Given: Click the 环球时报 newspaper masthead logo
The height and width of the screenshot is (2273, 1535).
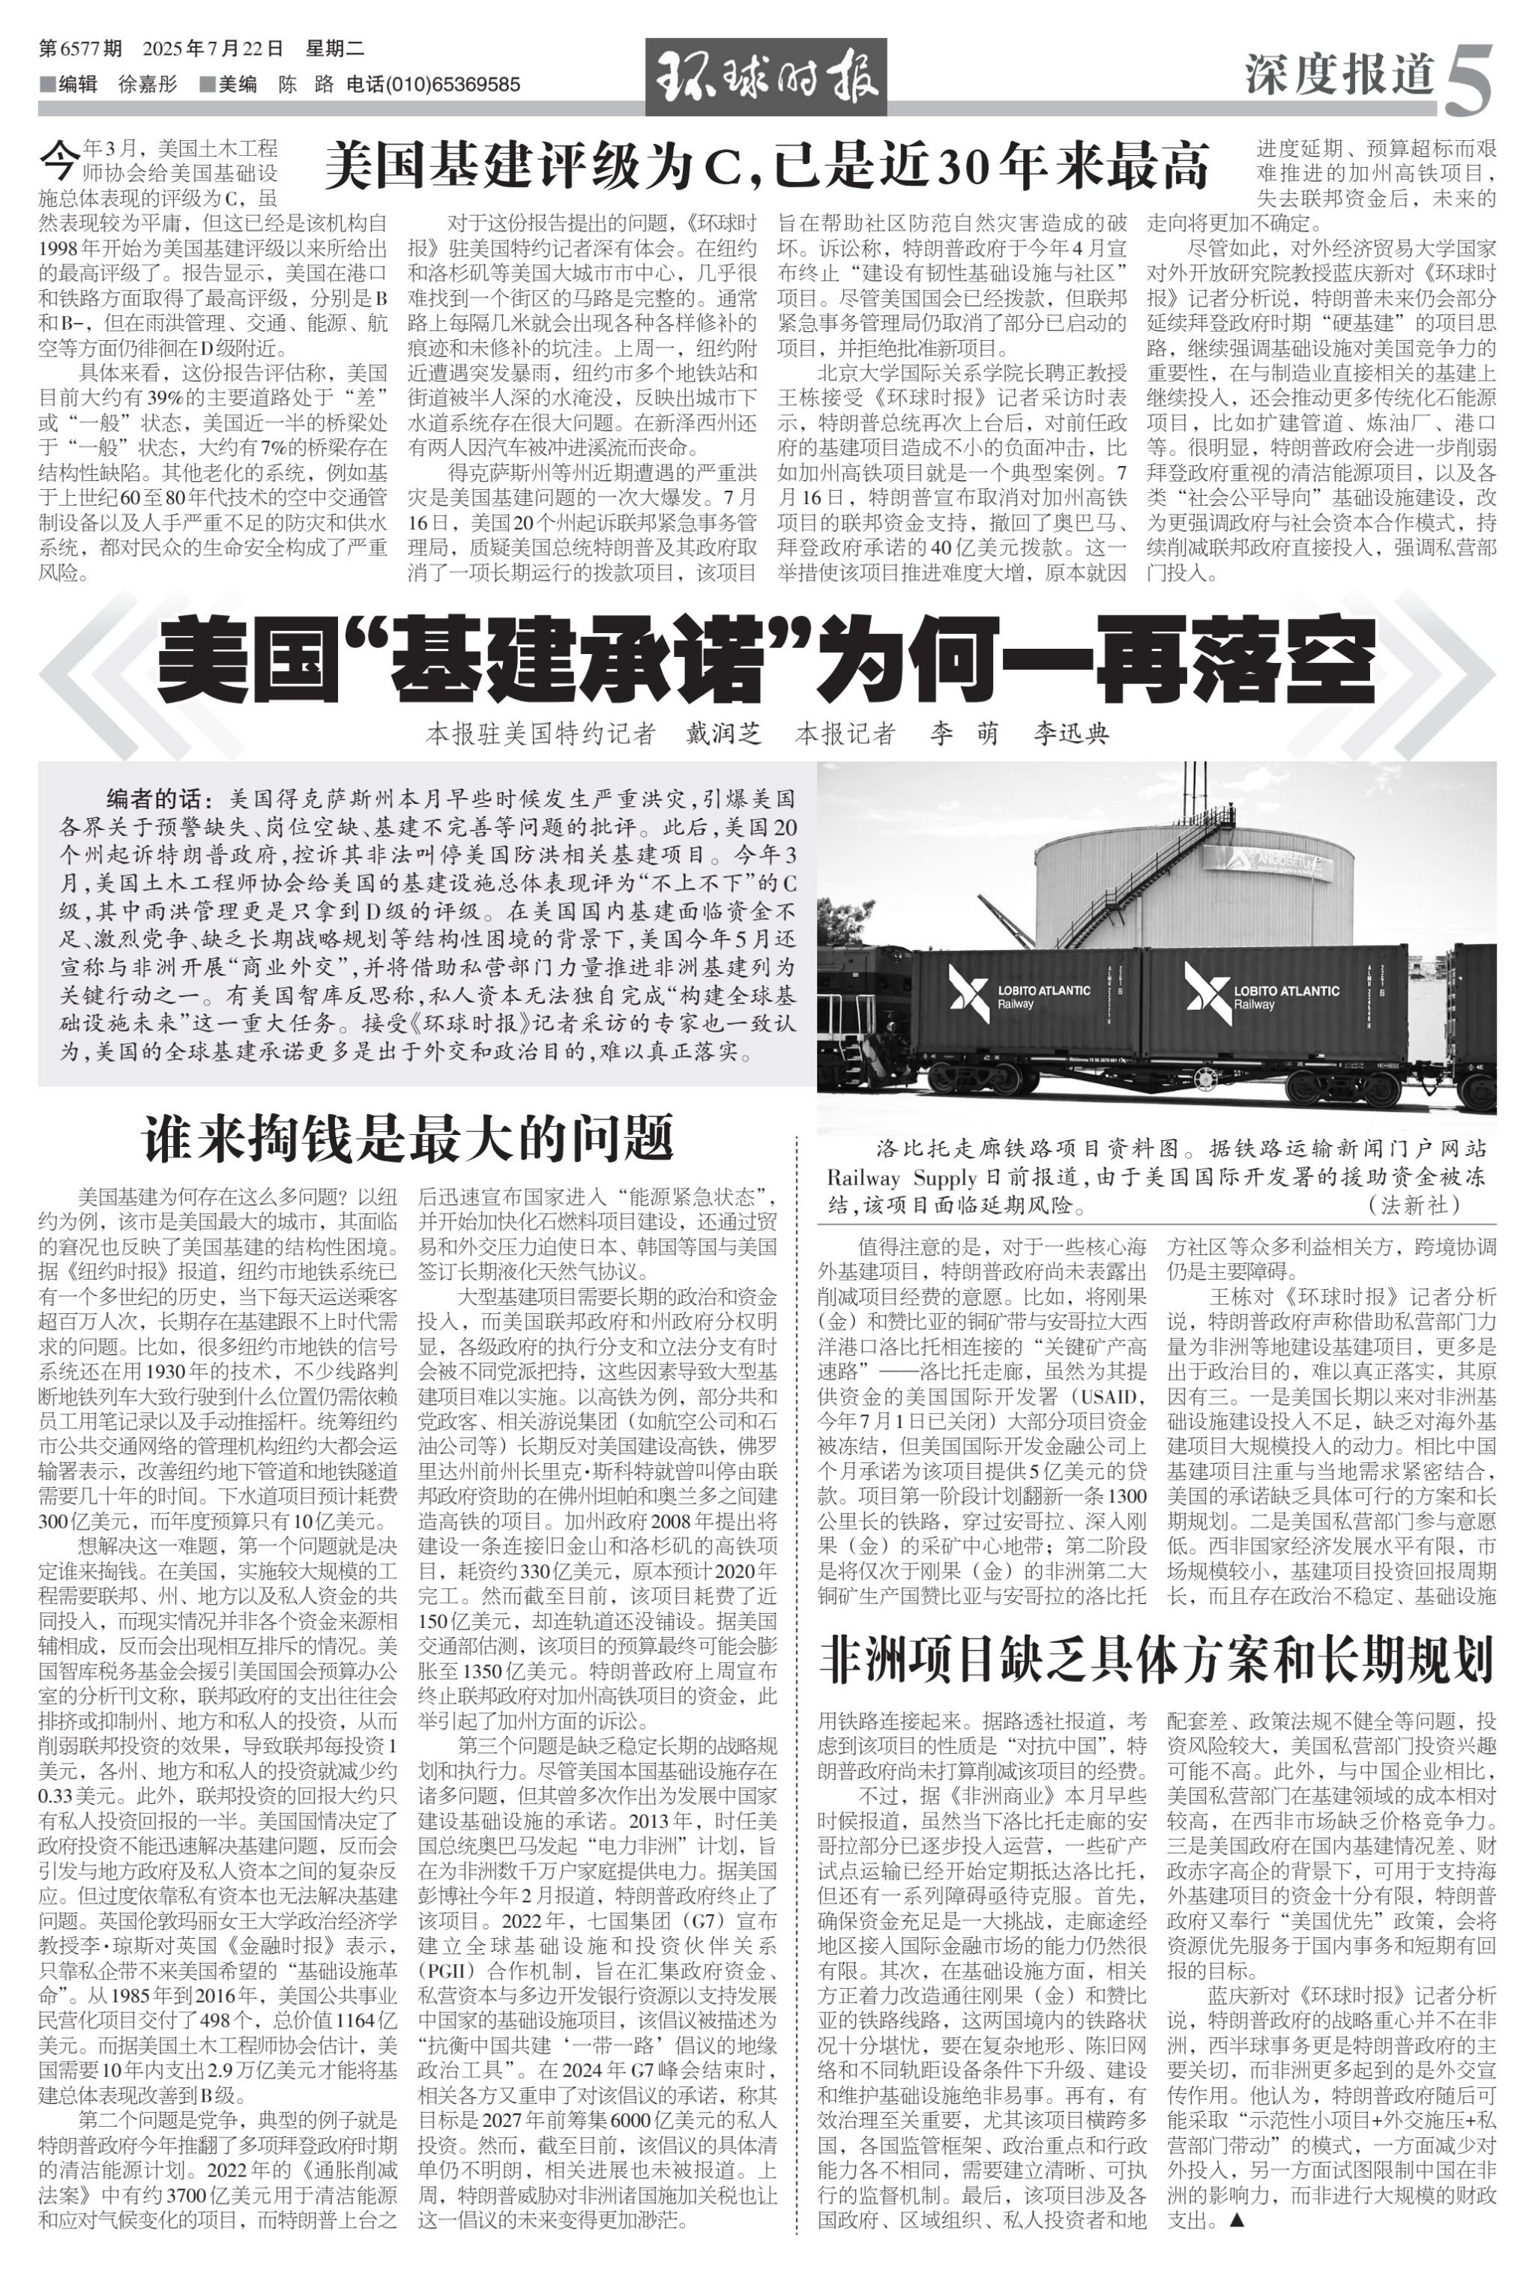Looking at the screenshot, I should point(765,76).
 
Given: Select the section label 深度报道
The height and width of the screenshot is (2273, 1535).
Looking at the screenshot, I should point(1339,74).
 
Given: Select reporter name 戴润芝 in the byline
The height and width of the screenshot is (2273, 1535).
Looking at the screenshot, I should point(723,733).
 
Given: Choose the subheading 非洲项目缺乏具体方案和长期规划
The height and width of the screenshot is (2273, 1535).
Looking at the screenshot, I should point(1156,1659).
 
